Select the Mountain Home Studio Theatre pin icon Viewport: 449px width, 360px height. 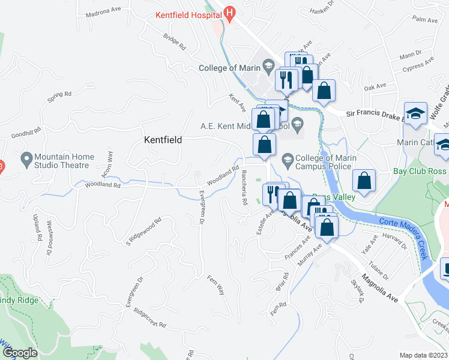(26, 160)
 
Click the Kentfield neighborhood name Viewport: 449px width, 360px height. (163, 139)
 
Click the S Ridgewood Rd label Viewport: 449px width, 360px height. (144, 231)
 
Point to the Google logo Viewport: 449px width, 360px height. (20, 353)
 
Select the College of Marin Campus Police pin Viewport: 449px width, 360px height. (287, 158)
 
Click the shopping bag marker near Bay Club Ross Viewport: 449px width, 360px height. (364, 180)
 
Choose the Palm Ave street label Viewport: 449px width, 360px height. (425, 20)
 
